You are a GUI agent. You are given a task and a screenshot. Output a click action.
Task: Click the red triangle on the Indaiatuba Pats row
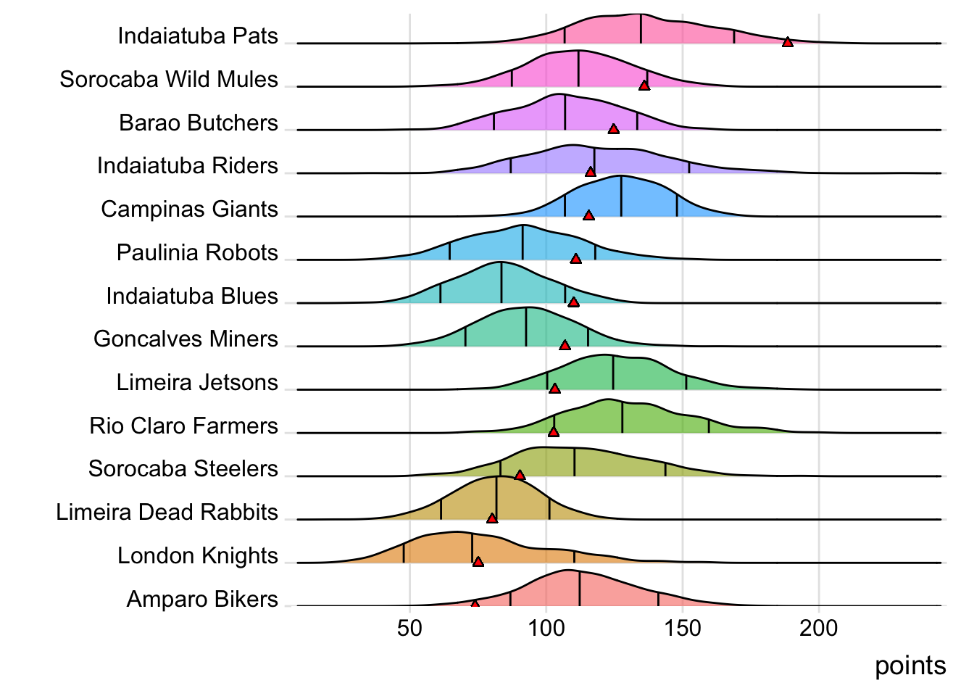pos(788,42)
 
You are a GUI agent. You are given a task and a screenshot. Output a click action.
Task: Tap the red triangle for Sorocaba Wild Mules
pos(644,86)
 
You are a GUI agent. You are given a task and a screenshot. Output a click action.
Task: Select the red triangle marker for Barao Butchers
pos(614,129)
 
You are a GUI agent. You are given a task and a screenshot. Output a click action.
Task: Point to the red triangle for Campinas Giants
pos(588,215)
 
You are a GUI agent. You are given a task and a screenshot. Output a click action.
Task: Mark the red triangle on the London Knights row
pos(478,561)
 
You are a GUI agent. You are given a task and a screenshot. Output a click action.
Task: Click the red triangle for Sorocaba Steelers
pos(520,475)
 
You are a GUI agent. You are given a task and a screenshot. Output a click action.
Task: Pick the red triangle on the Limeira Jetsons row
pos(554,389)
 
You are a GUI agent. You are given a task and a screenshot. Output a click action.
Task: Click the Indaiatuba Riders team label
pos(188,166)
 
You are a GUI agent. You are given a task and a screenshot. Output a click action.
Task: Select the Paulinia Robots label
pos(197,253)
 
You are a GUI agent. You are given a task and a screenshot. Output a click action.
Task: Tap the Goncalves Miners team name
pos(186,339)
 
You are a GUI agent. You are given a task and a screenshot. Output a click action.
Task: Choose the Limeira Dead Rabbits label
pos(167,513)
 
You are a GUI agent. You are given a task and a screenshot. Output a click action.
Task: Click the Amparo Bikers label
pos(202,600)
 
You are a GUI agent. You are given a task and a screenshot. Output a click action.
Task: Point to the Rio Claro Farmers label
pos(183,426)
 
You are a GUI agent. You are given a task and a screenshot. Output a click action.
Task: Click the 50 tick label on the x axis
pos(409,628)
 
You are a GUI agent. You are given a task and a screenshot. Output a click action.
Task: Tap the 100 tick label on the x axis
pos(546,628)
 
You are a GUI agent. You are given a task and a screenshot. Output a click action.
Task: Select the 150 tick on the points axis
pos(683,628)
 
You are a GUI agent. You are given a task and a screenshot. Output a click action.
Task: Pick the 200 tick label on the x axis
pos(819,628)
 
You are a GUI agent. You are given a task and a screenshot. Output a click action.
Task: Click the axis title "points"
pos(910,666)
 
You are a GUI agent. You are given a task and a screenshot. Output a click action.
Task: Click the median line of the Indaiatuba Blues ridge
pos(501,283)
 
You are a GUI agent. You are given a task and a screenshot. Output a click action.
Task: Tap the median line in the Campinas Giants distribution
pos(621,196)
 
